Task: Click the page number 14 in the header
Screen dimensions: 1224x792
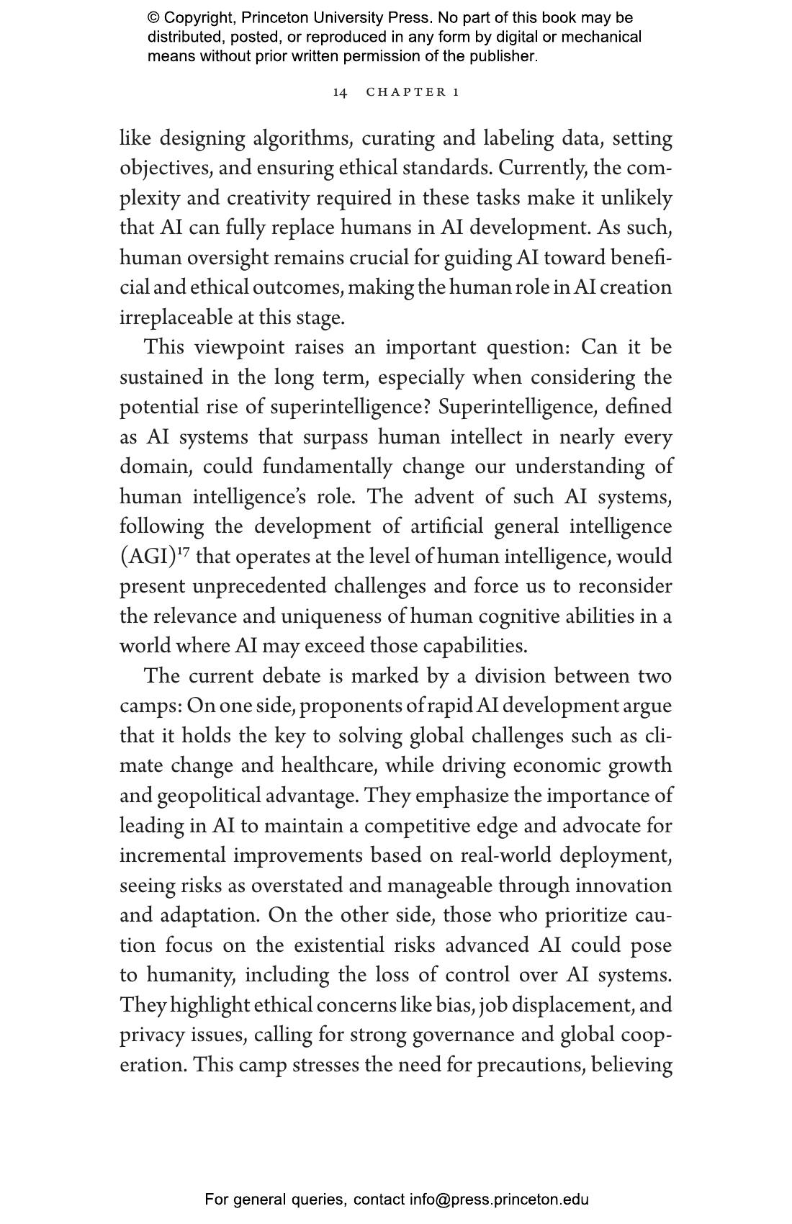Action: [x=340, y=92]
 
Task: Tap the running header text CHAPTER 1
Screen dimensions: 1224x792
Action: [x=413, y=92]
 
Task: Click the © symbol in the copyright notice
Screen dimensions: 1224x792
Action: [x=153, y=18]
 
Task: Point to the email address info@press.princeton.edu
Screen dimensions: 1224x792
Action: [x=499, y=1200]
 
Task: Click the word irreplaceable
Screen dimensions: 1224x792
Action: [x=176, y=318]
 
